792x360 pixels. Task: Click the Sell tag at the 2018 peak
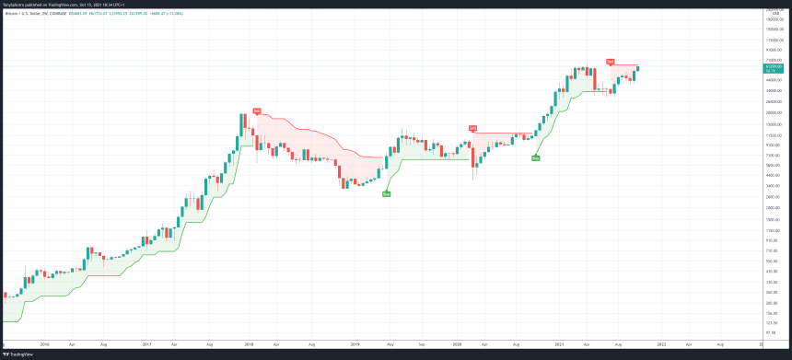click(257, 110)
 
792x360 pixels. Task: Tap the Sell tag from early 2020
click(472, 128)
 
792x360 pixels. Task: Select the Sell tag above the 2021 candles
click(610, 61)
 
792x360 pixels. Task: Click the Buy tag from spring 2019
click(386, 193)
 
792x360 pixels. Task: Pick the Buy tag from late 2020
click(535, 158)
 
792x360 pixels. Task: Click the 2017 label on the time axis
click(147, 344)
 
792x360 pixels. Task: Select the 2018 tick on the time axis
click(250, 344)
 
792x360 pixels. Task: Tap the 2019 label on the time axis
click(354, 344)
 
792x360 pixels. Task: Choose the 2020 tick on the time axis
click(457, 344)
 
